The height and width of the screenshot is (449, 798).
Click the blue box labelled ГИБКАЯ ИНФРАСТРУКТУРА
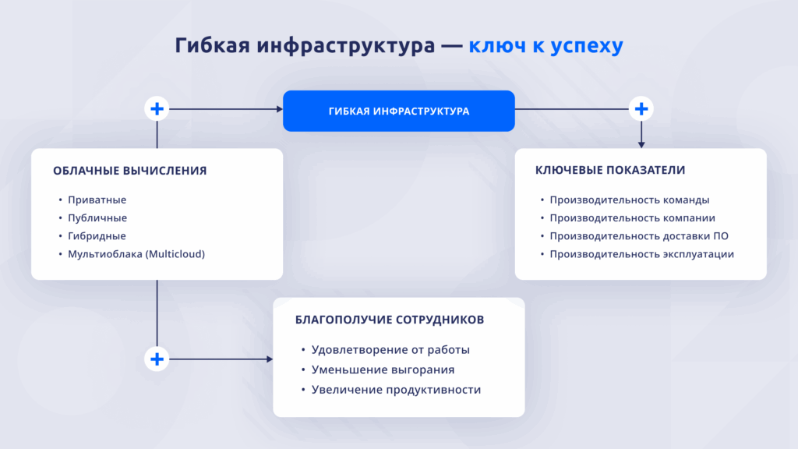[398, 111]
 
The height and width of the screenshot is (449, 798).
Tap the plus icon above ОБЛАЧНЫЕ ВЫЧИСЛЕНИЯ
[157, 109]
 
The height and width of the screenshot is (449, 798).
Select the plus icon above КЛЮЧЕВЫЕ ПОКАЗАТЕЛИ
[641, 109]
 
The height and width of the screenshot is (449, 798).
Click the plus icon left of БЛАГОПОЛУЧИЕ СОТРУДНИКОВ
[157, 359]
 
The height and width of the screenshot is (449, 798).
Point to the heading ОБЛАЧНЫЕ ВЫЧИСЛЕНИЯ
[130, 171]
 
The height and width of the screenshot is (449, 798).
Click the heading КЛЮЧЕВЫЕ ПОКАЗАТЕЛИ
[610, 170]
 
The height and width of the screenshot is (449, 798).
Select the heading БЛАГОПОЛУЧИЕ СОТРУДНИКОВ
[390, 320]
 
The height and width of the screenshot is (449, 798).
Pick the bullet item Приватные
[97, 200]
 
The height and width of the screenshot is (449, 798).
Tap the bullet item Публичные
[97, 218]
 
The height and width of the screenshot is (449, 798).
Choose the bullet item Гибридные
[97, 236]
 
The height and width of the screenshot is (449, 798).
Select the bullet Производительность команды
[630, 200]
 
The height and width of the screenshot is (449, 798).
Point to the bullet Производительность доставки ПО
[639, 236]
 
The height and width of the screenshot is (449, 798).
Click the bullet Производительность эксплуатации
[642, 254]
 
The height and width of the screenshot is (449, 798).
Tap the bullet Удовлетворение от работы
[390, 350]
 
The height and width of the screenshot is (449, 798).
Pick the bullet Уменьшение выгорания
[383, 369]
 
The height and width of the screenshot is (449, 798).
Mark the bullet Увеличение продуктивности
[396, 390]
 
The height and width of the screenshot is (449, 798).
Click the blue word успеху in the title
[587, 46]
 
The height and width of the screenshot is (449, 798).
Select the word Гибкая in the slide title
[212, 44]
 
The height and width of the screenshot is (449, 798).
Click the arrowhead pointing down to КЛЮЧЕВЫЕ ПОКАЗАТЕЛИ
[641, 145]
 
